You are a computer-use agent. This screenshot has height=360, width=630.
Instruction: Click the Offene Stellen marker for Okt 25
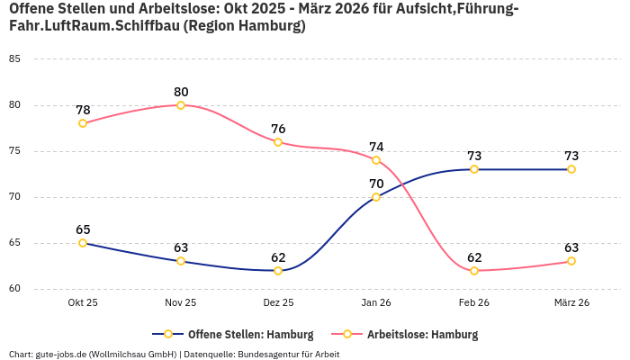click(x=83, y=243)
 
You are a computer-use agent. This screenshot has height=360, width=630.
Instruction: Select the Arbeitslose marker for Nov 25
click(x=181, y=105)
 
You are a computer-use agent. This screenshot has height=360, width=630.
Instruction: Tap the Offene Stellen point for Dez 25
click(x=278, y=270)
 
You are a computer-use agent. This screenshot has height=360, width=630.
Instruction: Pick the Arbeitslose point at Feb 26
click(x=474, y=270)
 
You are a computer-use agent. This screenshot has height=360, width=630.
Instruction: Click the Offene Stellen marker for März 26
click(x=571, y=169)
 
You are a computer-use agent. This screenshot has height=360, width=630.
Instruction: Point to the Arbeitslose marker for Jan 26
click(x=376, y=160)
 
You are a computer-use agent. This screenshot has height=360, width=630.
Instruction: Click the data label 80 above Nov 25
click(x=181, y=92)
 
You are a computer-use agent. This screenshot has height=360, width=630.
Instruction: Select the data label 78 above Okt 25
click(x=83, y=110)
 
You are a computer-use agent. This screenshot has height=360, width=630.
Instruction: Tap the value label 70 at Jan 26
click(x=376, y=184)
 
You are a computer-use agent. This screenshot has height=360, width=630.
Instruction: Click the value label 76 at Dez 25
click(x=278, y=129)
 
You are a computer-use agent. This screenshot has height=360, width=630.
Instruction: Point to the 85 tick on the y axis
click(x=13, y=59)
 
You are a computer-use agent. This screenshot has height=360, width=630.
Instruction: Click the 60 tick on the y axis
click(x=13, y=289)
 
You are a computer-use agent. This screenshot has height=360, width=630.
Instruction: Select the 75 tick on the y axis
click(x=13, y=151)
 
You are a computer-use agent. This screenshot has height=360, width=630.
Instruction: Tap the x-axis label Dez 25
click(x=278, y=303)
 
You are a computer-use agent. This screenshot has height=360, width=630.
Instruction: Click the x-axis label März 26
click(x=571, y=303)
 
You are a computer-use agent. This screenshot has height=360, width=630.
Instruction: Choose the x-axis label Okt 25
click(x=83, y=303)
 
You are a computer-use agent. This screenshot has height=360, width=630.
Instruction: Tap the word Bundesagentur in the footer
click(x=268, y=354)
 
